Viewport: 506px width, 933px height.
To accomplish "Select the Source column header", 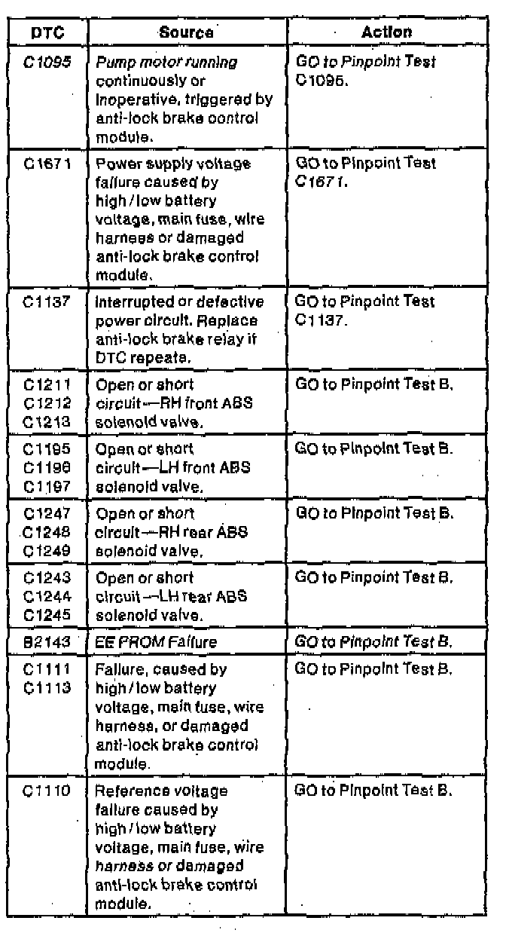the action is point(185,32).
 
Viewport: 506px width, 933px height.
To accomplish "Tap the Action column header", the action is point(386,32).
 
